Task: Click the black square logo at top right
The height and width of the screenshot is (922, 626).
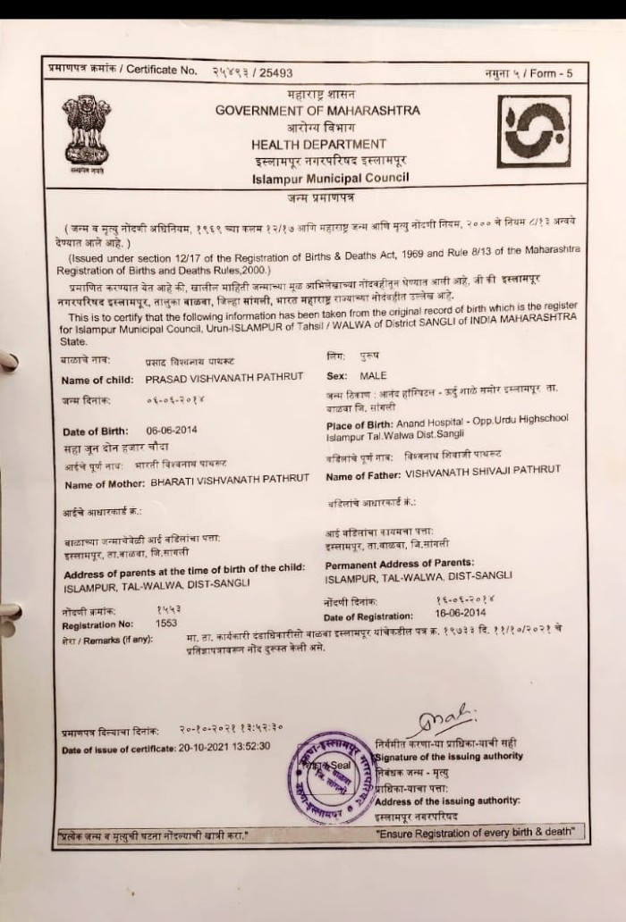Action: [534, 131]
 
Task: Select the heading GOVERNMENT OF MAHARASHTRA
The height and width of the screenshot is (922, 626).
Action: [317, 110]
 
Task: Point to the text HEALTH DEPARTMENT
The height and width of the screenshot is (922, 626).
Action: [318, 144]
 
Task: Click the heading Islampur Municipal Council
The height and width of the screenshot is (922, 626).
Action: [330, 178]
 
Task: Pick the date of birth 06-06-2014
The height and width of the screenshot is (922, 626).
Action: [173, 430]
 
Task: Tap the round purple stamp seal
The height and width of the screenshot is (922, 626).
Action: [333, 777]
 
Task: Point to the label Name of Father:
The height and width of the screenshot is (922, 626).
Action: [363, 477]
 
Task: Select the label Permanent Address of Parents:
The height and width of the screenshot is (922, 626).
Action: [399, 563]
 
